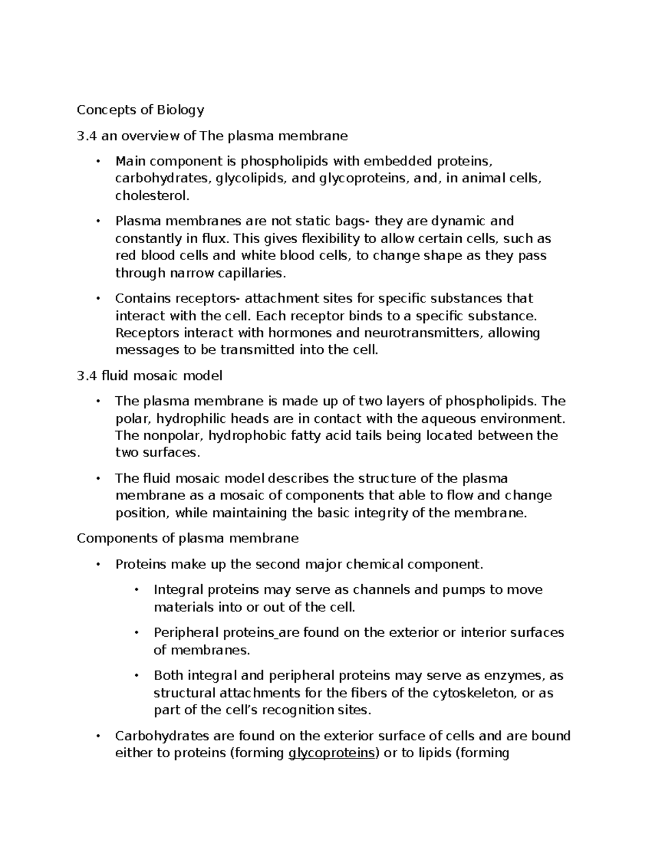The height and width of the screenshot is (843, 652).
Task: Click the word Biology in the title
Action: click(180, 110)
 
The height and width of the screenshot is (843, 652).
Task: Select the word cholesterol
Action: click(153, 196)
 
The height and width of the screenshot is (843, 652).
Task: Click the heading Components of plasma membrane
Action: click(187, 538)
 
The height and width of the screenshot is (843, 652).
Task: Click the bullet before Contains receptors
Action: click(98, 299)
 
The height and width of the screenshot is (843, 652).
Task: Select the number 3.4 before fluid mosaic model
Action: click(87, 376)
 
